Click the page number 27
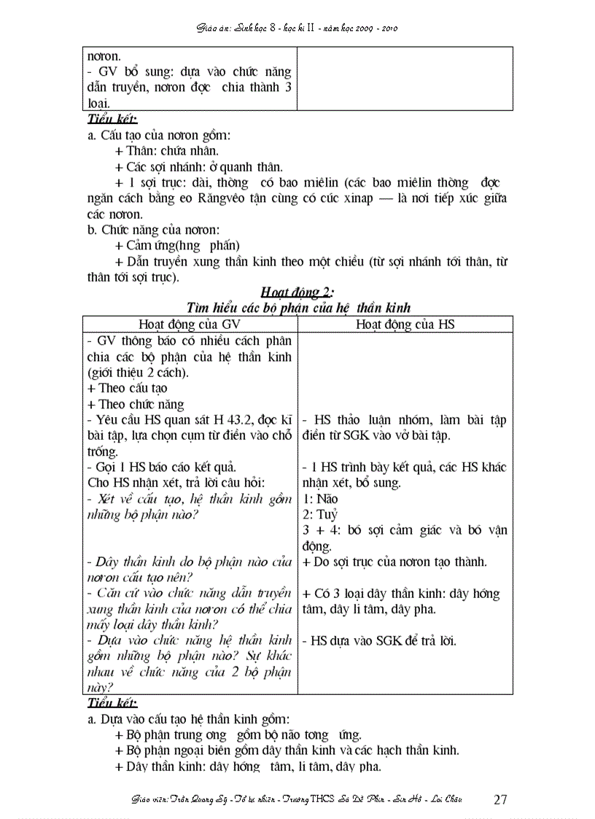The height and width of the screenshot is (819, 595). (x=500, y=799)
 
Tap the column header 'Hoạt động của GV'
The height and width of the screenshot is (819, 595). (x=190, y=325)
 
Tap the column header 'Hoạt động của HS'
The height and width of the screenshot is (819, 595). (x=405, y=325)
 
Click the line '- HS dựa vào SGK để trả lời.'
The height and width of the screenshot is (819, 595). (x=378, y=641)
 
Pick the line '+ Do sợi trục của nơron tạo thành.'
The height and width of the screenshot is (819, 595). (x=394, y=562)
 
